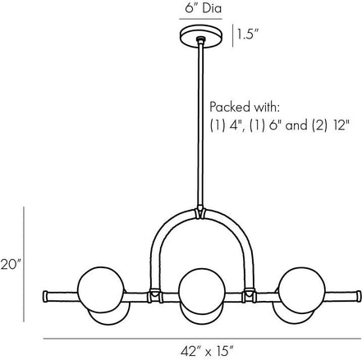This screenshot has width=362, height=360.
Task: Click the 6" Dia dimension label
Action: pos(203,8)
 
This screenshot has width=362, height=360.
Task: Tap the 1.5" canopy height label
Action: pos(248,34)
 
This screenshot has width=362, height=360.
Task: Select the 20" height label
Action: pos(11,265)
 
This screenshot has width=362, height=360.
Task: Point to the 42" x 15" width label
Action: pos(207,351)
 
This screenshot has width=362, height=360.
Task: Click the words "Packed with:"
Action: pos(245,107)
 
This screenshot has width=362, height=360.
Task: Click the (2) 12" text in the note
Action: pos(331,125)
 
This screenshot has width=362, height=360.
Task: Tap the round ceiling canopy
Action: pos(201,36)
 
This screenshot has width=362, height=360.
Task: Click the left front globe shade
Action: pos(101,289)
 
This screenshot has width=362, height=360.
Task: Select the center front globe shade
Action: pos(201,291)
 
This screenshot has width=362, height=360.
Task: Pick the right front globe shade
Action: pos(302,290)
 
